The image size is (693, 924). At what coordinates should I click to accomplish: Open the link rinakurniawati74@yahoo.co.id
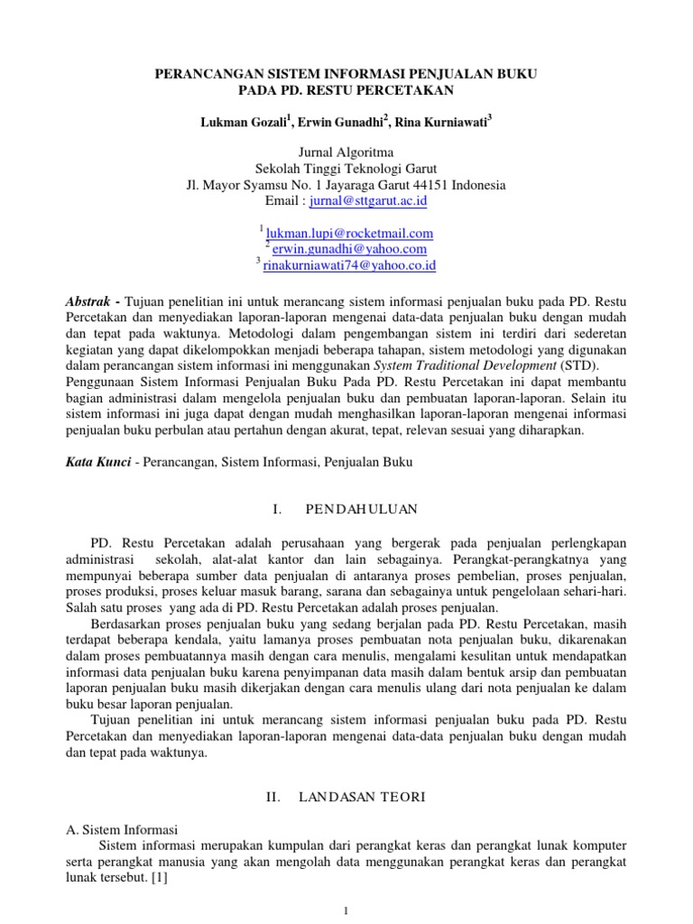coord(350,265)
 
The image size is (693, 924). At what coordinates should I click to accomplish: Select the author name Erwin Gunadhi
coord(338,122)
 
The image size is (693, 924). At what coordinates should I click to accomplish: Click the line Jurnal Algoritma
coord(346,152)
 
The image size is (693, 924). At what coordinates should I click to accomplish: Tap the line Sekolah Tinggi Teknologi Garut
coord(346,169)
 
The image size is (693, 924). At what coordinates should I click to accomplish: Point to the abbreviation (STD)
coord(559,366)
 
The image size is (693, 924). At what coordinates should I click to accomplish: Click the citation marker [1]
coord(164,877)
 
